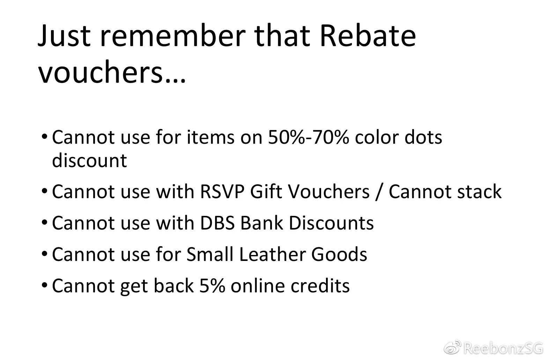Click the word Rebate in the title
coord(368,36)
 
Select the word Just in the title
coord(64,36)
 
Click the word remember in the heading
coord(173,36)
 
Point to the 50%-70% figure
coord(309,137)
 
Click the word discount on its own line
coord(90,160)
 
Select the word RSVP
coord(222,191)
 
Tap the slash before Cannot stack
coord(379,192)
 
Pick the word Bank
coord(261,223)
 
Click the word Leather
coord(272,254)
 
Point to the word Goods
coord(339,254)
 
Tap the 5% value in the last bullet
coord(212,286)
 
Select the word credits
coord(320,285)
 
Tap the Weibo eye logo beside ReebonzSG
coord(452,347)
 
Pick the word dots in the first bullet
coord(423,137)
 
